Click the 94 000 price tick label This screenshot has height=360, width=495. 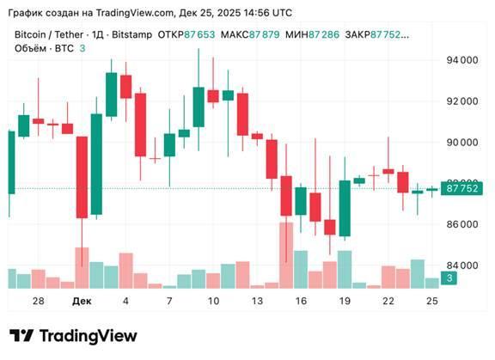tap(461, 60)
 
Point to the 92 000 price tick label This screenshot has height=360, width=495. tap(461, 101)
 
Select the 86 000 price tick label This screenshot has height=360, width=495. tap(461, 224)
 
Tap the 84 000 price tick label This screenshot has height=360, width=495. tap(461, 265)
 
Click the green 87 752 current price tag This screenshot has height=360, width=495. tap(460, 189)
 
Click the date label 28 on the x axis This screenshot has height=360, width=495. tap(38, 302)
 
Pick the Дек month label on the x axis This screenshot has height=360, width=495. tap(82, 302)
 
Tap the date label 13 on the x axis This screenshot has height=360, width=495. tap(257, 302)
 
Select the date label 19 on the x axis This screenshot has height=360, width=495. tap(345, 302)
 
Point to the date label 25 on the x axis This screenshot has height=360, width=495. tap(432, 302)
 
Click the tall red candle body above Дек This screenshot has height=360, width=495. tap(82, 177)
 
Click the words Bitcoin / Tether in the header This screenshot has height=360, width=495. tap(49, 34)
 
